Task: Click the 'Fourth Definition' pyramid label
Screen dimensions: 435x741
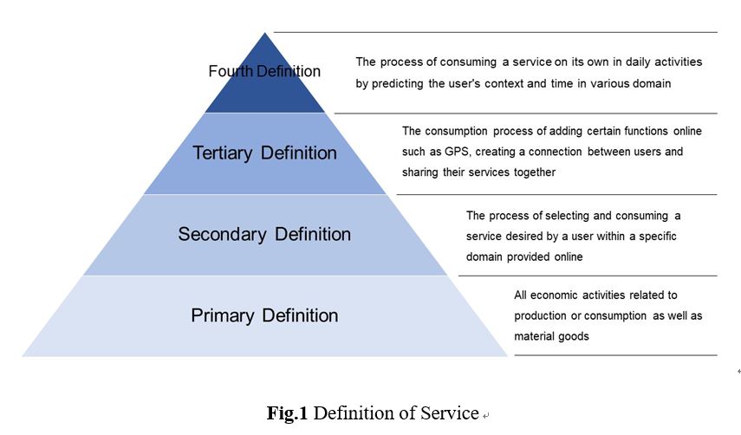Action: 264,71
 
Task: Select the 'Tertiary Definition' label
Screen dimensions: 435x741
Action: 264,153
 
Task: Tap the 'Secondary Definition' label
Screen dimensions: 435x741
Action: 264,234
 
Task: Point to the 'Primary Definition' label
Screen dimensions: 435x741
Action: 264,315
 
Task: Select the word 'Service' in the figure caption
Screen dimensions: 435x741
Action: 448,413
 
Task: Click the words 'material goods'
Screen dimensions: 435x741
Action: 551,336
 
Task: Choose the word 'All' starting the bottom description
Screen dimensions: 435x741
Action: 522,295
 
